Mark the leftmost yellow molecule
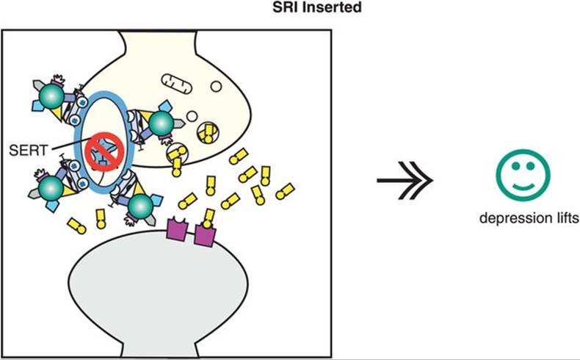pos(76,225)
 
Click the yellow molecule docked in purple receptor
pos(209,218)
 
